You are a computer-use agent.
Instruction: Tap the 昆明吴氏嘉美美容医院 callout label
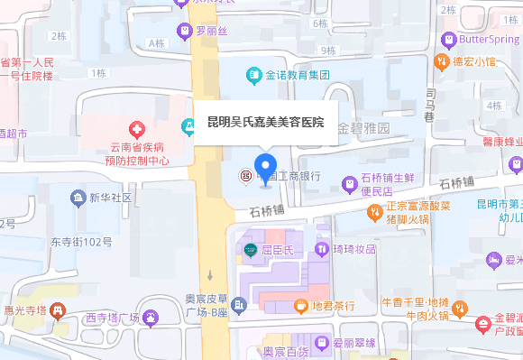(x=265, y=122)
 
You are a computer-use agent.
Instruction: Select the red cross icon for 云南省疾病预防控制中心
(x=137, y=131)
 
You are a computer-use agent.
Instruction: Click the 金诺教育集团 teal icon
(x=254, y=74)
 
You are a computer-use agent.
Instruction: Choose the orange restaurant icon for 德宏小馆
(x=442, y=62)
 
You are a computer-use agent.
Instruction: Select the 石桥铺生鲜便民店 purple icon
(x=351, y=184)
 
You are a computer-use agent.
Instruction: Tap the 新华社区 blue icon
(x=78, y=198)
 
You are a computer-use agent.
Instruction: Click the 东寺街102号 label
(x=81, y=242)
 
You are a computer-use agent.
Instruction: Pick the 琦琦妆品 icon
(x=321, y=248)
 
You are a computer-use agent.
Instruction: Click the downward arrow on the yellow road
(x=209, y=274)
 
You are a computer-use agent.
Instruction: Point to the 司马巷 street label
(x=431, y=106)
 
